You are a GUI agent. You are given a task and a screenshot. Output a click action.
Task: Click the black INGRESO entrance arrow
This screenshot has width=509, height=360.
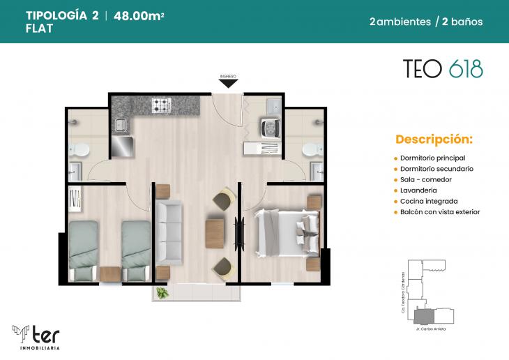[228, 83]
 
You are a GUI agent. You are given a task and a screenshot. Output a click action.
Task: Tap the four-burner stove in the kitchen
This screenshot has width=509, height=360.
[162, 105]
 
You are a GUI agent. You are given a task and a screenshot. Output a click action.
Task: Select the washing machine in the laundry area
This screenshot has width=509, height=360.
[268, 127]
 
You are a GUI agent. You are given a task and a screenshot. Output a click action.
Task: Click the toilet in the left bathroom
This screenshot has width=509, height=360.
[81, 149]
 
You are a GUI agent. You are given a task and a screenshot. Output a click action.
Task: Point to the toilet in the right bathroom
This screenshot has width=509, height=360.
[312, 149]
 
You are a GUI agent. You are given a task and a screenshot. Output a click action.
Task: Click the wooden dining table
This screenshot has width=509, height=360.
[214, 232]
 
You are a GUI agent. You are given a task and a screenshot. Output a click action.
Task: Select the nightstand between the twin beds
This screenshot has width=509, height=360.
[110, 274]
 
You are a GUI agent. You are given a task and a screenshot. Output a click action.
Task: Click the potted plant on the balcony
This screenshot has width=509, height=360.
[162, 293]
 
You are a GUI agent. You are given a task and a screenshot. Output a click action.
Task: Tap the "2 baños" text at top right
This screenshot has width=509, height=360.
[462, 22]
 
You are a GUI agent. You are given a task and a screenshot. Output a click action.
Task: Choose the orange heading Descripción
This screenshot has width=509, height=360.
[434, 138]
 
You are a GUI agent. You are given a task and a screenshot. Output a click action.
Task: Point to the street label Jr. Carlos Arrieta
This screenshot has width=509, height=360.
[430, 328]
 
